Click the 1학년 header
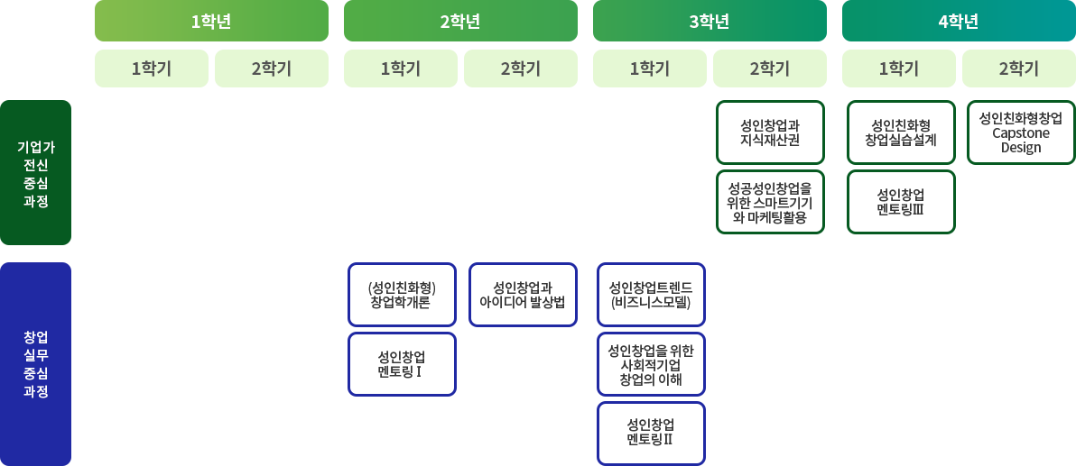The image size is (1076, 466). click(211, 22)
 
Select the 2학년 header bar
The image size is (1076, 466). click(460, 22)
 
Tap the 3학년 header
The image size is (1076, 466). click(710, 22)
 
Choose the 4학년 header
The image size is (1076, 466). click(959, 22)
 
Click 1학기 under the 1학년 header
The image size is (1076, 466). click(152, 69)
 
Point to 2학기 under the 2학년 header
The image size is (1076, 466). click(521, 69)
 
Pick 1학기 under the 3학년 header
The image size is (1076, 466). click(650, 69)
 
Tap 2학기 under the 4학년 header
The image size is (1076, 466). click(1019, 69)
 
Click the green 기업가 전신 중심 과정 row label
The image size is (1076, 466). click(36, 172)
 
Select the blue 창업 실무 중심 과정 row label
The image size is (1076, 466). click(36, 363)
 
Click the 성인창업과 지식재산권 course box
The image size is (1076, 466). click(770, 132)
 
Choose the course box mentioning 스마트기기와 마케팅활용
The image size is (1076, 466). click(770, 202)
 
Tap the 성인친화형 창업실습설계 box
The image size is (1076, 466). click(901, 132)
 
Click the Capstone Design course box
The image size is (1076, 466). click(1020, 132)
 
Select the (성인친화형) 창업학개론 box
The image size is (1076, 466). click(402, 295)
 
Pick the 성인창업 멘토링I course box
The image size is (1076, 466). click(402, 364)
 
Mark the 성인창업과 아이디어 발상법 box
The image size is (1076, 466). click(523, 295)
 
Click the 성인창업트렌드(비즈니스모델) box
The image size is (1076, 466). click(651, 295)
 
